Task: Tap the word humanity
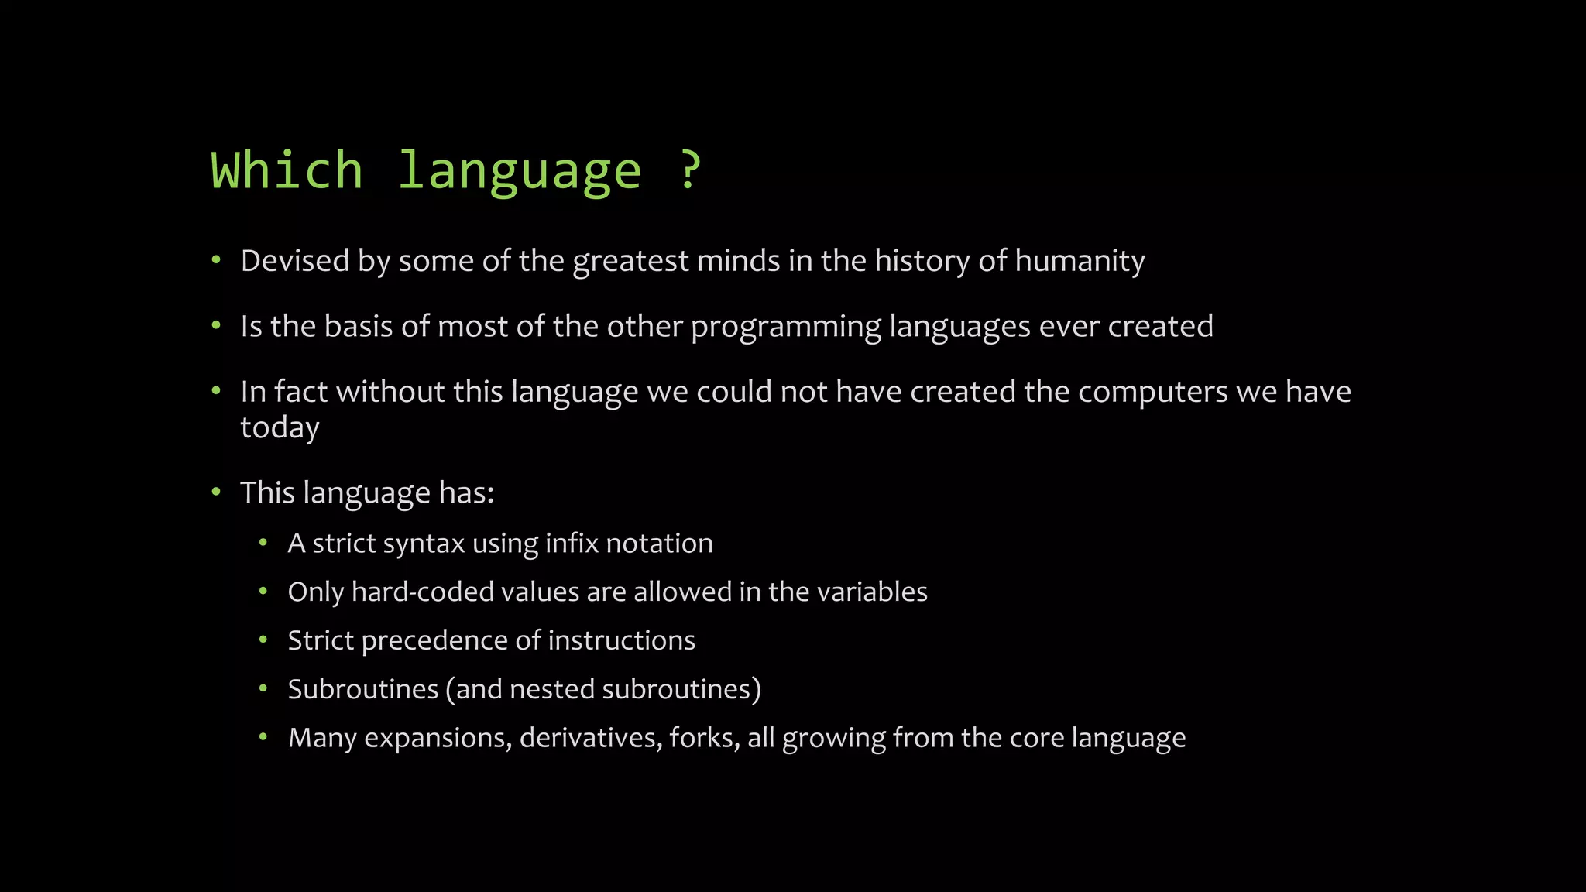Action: pyautogui.click(x=1080, y=261)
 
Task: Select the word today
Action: pyautogui.click(x=280, y=427)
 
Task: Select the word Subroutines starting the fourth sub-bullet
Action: pyautogui.click(x=362, y=689)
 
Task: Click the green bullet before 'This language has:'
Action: pyautogui.click(x=217, y=492)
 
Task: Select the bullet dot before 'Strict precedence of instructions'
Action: pyautogui.click(x=263, y=640)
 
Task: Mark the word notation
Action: pyautogui.click(x=659, y=544)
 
